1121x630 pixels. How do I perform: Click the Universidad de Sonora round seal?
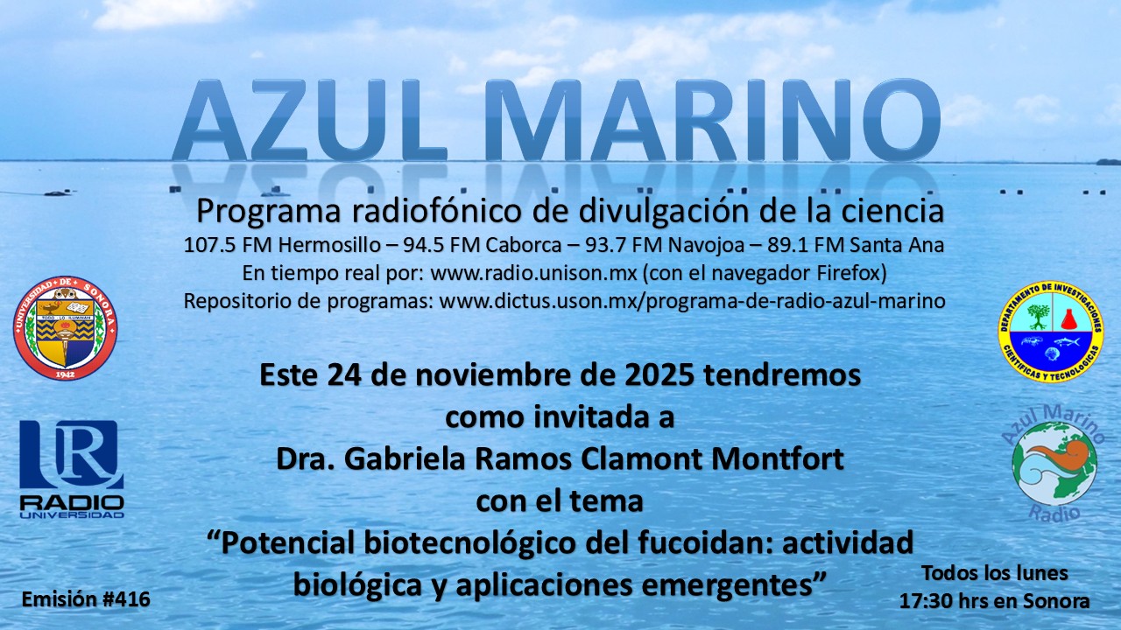[x=65, y=327]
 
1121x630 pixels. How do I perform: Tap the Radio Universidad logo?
[x=72, y=469]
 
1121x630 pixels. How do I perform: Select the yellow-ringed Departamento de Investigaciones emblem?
[x=1051, y=332]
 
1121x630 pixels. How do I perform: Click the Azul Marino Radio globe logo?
[x=1054, y=464]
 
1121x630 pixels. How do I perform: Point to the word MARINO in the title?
[x=712, y=121]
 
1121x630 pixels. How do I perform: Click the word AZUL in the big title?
[x=309, y=121]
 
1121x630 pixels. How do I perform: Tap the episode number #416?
[x=126, y=599]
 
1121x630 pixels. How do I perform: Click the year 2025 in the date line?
[x=659, y=375]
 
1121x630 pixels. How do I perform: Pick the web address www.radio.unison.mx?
[x=533, y=273]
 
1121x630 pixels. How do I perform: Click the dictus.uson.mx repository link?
[x=692, y=301]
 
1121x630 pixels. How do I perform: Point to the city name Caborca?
[x=524, y=245]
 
